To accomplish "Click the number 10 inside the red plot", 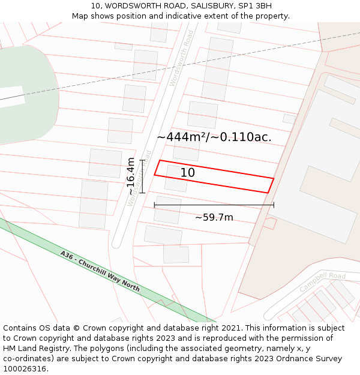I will tap(187, 173).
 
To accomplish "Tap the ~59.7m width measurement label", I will tap(214, 217).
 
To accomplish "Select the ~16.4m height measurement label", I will tap(131, 176).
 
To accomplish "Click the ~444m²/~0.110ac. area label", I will tap(214, 137).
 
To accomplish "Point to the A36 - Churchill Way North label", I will tap(100, 271).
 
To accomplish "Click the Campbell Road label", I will tap(323, 282).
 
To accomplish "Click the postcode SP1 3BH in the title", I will tap(255, 5).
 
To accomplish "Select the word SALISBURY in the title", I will tap(210, 5).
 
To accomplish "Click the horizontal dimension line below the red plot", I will tap(214, 205).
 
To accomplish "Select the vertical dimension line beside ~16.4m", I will tap(142, 176).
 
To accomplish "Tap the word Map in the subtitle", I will tap(80, 16).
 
